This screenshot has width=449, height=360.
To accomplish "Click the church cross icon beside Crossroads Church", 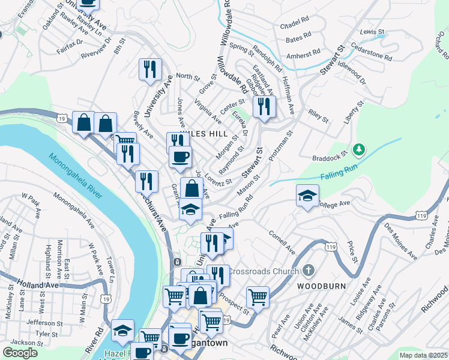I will (x=309, y=271).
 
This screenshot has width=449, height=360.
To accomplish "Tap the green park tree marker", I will (x=358, y=148).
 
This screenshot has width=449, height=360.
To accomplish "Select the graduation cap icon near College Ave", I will (x=307, y=195).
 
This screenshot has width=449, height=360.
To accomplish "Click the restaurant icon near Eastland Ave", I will (x=264, y=106).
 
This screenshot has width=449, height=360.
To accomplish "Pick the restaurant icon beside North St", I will (x=149, y=69).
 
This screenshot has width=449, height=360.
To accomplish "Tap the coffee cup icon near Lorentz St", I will (x=179, y=157).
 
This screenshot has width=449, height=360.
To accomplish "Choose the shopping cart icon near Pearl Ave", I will (x=258, y=296).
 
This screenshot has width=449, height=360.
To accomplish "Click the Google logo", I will (x=20, y=353).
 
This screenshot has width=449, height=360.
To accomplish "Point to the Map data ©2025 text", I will (x=423, y=355).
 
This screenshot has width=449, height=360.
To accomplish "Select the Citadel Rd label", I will (x=294, y=27).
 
